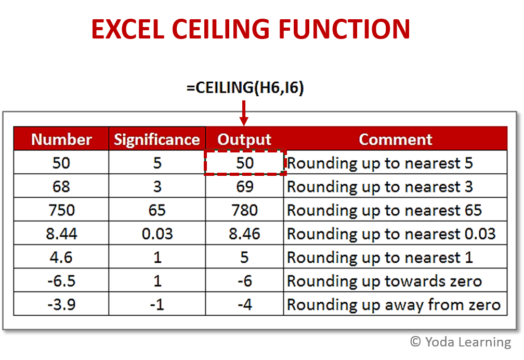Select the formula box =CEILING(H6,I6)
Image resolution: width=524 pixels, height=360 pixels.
click(245, 86)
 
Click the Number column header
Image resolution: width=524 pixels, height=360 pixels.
click(61, 139)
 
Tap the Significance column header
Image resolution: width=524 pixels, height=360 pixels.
click(157, 139)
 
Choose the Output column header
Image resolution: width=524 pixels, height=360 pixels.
click(244, 139)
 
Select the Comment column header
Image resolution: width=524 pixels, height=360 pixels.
click(395, 139)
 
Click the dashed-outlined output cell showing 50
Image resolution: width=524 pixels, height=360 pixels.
click(244, 163)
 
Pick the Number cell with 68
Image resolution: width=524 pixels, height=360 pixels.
click(61, 186)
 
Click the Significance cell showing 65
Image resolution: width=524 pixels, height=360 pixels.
click(157, 210)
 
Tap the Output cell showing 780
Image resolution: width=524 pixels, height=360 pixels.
click(244, 210)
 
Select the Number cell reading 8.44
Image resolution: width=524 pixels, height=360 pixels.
click(61, 234)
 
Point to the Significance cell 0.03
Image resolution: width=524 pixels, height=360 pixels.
click(157, 234)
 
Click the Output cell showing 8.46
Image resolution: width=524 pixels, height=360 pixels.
click(244, 234)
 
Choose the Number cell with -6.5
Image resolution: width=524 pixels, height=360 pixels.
click(61, 281)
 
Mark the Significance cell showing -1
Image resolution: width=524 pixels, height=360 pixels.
click(157, 304)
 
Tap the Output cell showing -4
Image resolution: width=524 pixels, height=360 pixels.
click(244, 304)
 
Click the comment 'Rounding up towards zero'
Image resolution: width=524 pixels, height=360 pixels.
click(384, 281)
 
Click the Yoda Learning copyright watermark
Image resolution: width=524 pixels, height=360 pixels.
click(460, 342)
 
